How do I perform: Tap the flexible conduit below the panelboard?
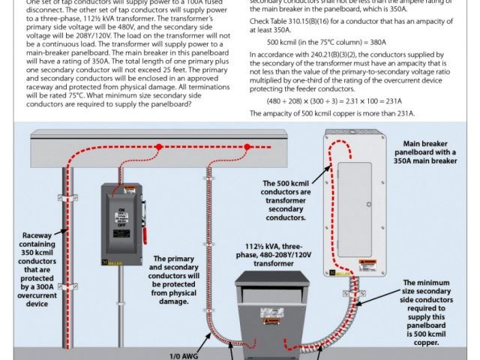(x=353, y=315)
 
